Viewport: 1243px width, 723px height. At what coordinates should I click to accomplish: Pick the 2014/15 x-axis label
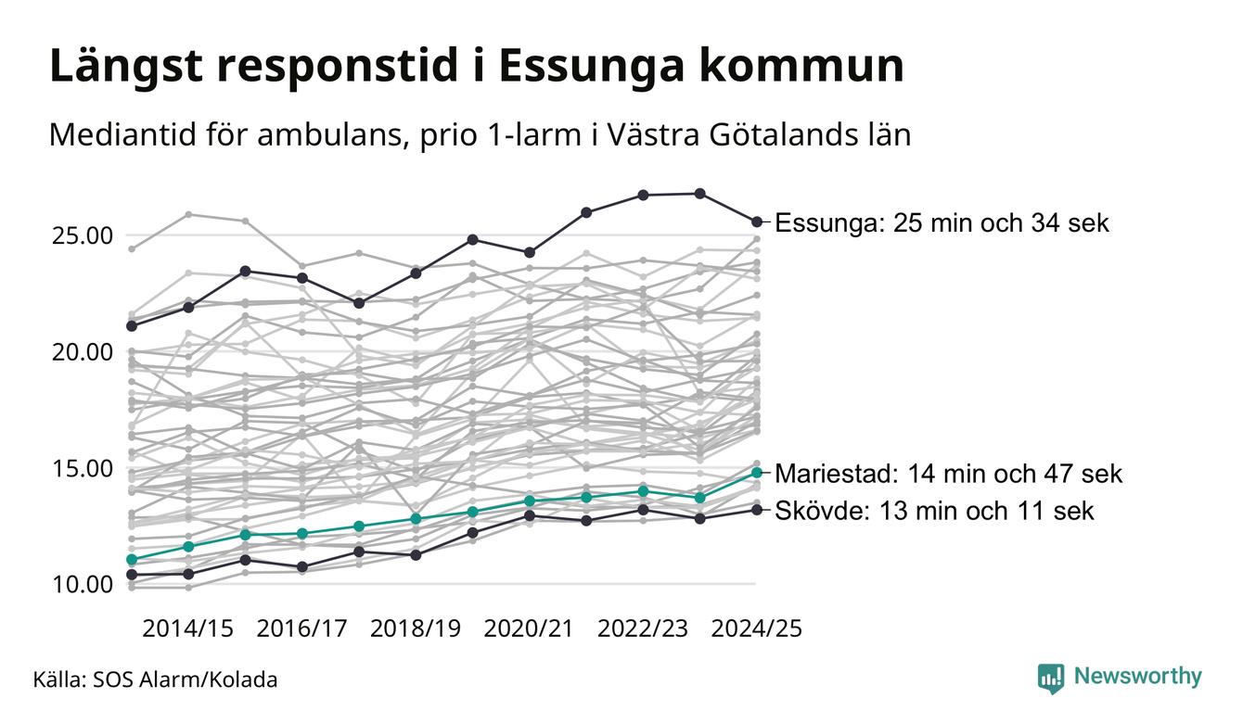(x=188, y=628)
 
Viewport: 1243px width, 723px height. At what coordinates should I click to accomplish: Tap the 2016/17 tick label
(x=301, y=628)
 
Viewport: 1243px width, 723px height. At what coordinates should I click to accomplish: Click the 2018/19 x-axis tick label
(x=416, y=628)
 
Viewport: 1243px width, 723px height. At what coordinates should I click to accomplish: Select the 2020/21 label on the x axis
(x=530, y=628)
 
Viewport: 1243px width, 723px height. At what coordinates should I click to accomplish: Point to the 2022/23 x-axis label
(x=643, y=628)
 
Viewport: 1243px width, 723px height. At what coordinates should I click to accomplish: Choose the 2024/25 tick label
(x=756, y=628)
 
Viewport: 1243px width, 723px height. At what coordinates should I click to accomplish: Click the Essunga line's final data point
(x=757, y=222)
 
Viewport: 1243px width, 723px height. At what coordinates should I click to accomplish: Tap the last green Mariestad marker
(x=757, y=473)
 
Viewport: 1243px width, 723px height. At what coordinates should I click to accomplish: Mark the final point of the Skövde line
(x=757, y=510)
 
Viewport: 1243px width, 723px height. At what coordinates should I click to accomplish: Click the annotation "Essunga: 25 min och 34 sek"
(x=942, y=223)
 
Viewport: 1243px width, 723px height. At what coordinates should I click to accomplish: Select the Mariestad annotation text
(x=948, y=475)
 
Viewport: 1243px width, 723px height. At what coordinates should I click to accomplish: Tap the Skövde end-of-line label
(x=934, y=511)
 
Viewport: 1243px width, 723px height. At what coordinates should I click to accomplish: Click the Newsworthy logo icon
(x=1050, y=678)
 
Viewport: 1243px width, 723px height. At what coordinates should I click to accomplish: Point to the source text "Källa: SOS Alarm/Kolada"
(x=155, y=679)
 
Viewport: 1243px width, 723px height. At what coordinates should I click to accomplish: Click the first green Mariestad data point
(x=132, y=559)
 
